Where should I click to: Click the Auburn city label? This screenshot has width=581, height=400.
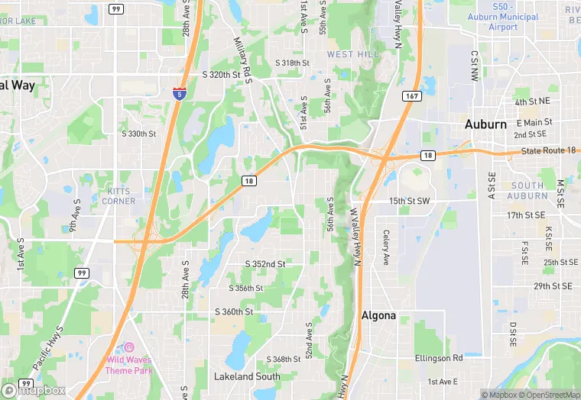click(x=485, y=124)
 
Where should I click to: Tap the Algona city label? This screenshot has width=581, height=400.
click(x=378, y=316)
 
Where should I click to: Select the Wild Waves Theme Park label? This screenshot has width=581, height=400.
click(x=129, y=366)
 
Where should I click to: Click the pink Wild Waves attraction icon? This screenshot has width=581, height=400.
click(x=129, y=347)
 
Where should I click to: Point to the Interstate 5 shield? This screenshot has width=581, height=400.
click(x=178, y=93)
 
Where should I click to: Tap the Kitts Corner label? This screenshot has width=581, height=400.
click(x=118, y=196)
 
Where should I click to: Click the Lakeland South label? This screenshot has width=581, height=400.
click(x=247, y=376)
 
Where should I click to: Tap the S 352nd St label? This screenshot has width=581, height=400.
click(x=265, y=264)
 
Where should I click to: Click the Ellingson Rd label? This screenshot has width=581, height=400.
click(x=439, y=357)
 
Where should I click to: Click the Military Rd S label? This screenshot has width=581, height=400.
click(x=244, y=59)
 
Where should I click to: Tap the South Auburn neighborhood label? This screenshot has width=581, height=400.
click(x=527, y=191)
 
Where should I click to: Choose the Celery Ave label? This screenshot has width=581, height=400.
click(x=387, y=247)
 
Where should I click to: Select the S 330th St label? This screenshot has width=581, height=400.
click(x=138, y=134)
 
